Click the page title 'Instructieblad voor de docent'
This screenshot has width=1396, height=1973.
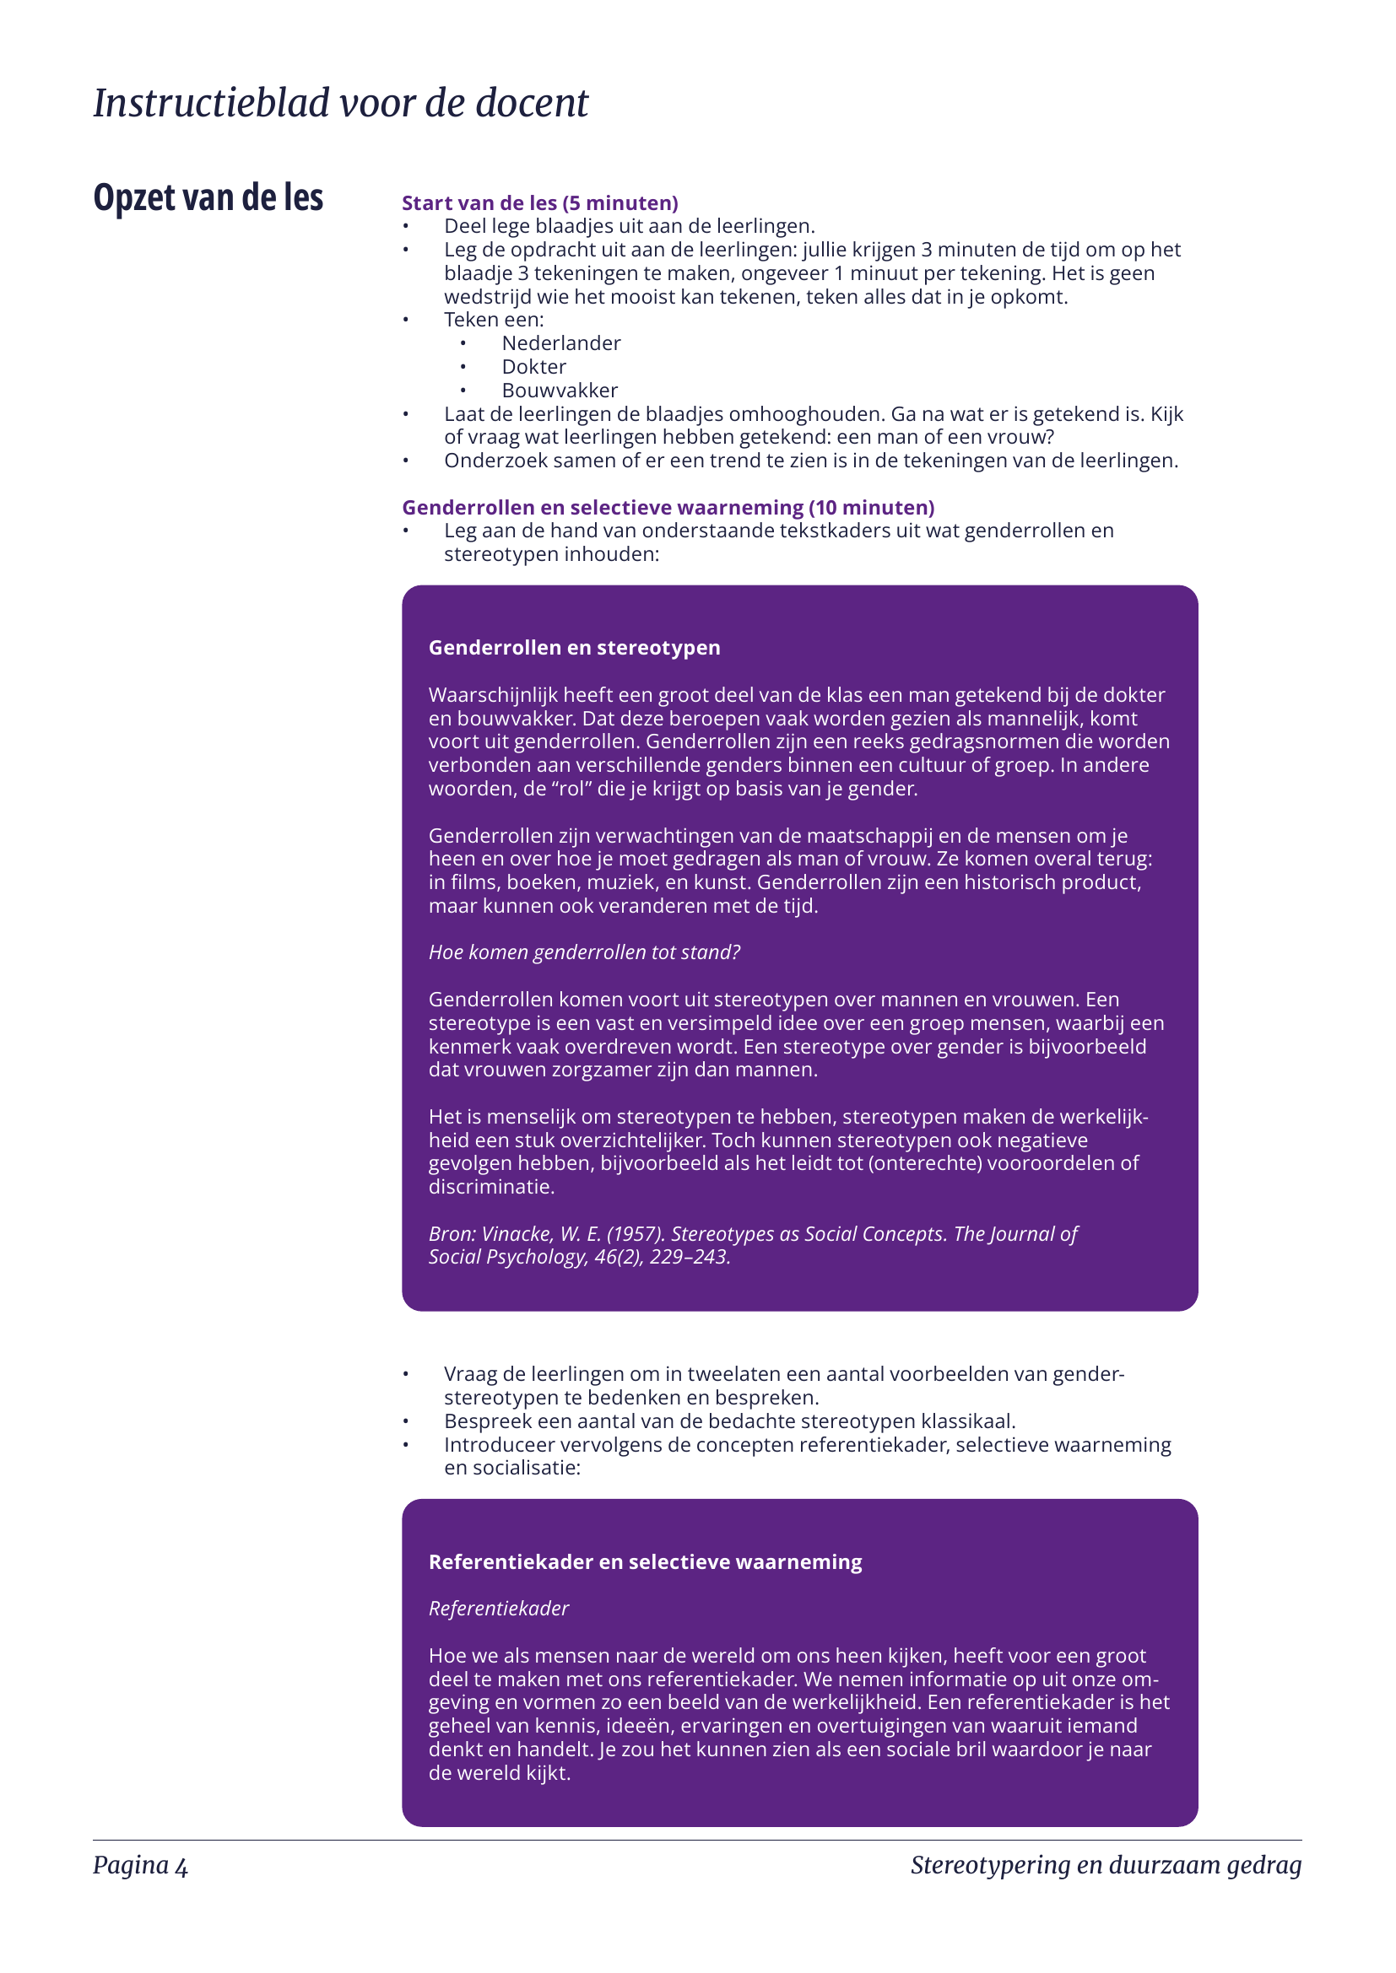tap(340, 104)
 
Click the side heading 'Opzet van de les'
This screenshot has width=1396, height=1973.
tap(208, 197)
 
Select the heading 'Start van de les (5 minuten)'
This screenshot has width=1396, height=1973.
tap(540, 202)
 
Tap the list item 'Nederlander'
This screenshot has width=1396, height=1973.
tap(560, 343)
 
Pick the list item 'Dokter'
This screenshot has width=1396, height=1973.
tap(533, 367)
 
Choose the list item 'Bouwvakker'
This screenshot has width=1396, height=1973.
tap(560, 391)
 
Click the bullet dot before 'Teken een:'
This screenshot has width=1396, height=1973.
tap(406, 320)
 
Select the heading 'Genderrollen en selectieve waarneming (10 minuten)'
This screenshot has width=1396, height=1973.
tap(668, 508)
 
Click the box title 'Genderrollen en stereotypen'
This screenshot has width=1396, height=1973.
tap(574, 648)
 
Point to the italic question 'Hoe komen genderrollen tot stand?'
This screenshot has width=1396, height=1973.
tap(584, 952)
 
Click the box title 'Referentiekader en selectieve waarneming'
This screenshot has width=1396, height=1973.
tap(645, 1562)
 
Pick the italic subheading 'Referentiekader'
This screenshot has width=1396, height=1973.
tap(499, 1609)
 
